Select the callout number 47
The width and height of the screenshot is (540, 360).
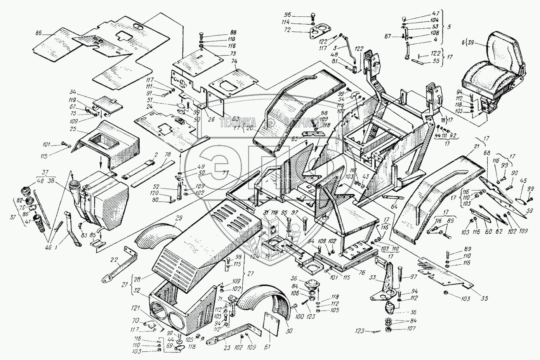(x=425, y=13)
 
